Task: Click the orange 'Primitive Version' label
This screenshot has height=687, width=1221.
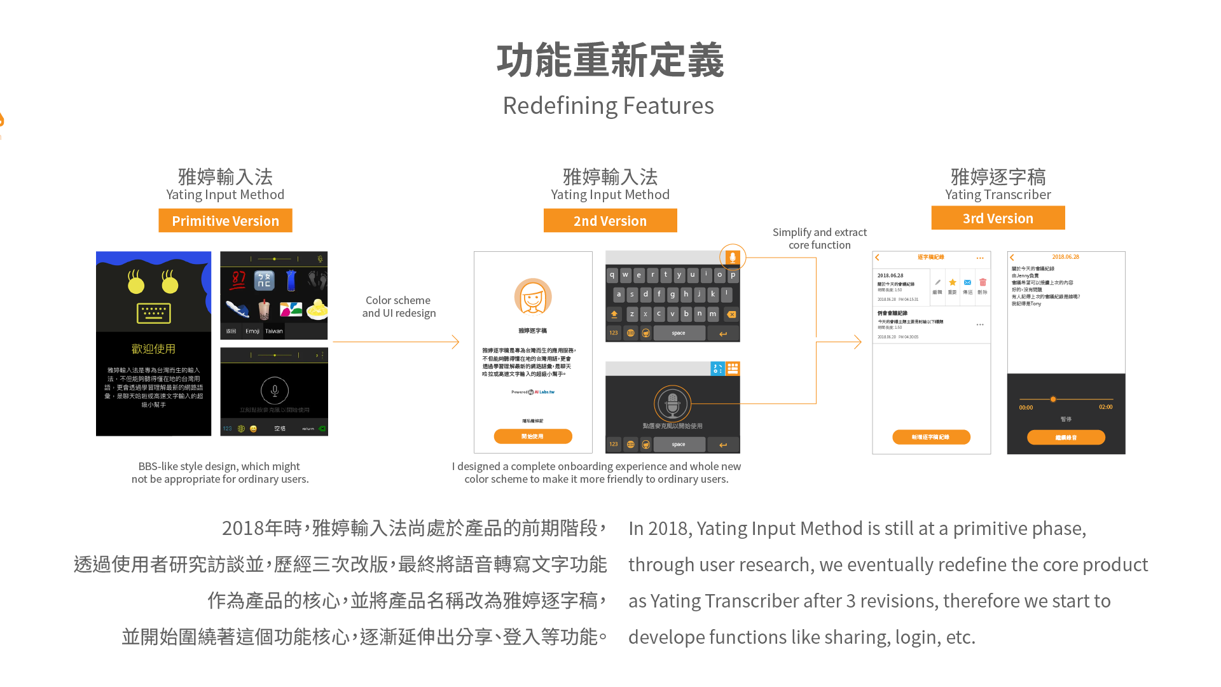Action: pos(225,221)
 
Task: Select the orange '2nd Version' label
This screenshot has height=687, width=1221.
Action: pos(610,221)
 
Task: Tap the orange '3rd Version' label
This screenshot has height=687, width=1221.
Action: pos(998,218)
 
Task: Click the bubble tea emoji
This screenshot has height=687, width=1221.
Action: pos(264,310)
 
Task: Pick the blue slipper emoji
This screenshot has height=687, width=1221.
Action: pos(237,310)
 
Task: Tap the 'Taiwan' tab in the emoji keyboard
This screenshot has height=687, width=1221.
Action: pos(274,331)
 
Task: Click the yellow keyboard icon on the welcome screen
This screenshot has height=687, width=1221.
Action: pos(153,313)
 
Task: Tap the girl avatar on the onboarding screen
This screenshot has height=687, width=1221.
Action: pos(533,296)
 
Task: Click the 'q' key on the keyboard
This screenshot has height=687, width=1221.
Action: pos(612,275)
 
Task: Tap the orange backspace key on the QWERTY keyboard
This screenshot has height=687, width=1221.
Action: pos(731,314)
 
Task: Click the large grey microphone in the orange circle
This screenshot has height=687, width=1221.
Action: pos(672,403)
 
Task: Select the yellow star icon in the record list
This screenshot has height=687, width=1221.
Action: pos(952,282)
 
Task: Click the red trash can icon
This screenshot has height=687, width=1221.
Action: pos(983,282)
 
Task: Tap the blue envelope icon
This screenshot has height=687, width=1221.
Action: pos(967,282)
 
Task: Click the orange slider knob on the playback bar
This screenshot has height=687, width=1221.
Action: pos(1053,399)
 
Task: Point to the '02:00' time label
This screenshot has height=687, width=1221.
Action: pos(1105,407)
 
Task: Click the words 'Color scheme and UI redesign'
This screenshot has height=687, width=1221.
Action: pos(399,307)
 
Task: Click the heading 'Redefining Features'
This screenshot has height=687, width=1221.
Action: pos(608,106)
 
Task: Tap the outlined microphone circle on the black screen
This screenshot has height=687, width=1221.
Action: pos(275,391)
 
